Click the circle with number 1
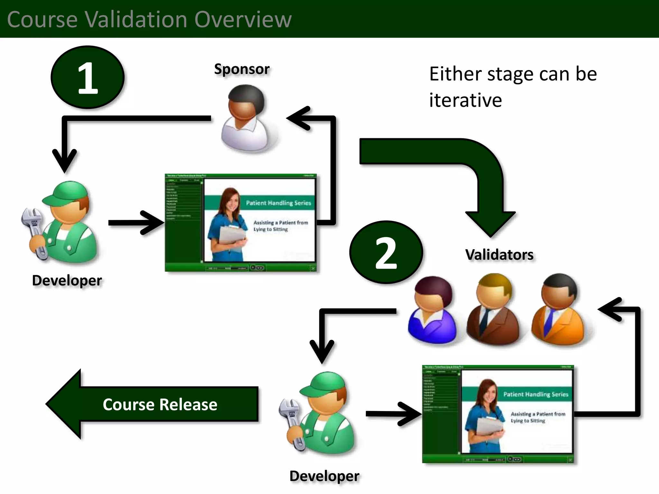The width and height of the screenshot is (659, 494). (x=88, y=77)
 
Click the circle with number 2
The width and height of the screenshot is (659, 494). (x=386, y=252)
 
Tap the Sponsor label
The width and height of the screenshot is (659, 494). (x=242, y=69)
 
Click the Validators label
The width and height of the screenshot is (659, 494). (x=499, y=255)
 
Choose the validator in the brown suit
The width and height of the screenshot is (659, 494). (x=493, y=309)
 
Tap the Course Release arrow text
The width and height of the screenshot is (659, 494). (x=160, y=404)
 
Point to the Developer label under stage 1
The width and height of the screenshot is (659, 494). (x=67, y=280)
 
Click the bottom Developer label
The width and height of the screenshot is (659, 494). (x=324, y=476)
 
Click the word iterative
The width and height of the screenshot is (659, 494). (x=465, y=100)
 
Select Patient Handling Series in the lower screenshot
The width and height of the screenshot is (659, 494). (x=535, y=394)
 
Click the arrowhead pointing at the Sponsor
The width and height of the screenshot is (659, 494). (x=298, y=118)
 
